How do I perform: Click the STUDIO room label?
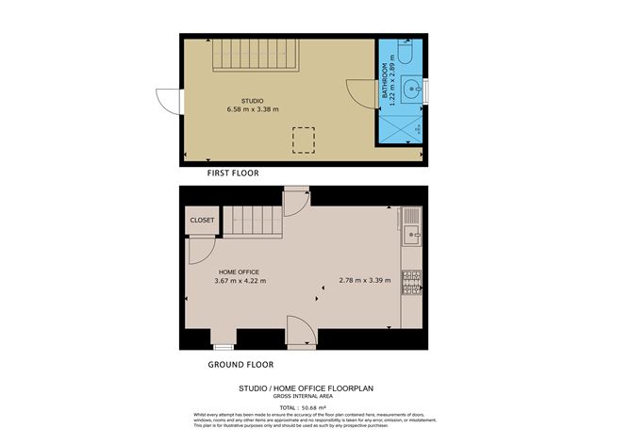click(x=252, y=100)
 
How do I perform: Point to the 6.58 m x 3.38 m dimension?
click(x=252, y=109)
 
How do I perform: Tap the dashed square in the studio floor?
click(x=305, y=140)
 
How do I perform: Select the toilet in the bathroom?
click(x=404, y=55)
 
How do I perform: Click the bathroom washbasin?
click(x=410, y=91)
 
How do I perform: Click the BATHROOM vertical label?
click(x=385, y=82)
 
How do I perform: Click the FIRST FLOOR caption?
click(x=233, y=173)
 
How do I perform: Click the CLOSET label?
click(x=202, y=221)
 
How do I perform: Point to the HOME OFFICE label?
click(x=238, y=272)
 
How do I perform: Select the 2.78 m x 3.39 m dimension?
click(x=364, y=280)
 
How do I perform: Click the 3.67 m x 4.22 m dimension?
click(x=240, y=281)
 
